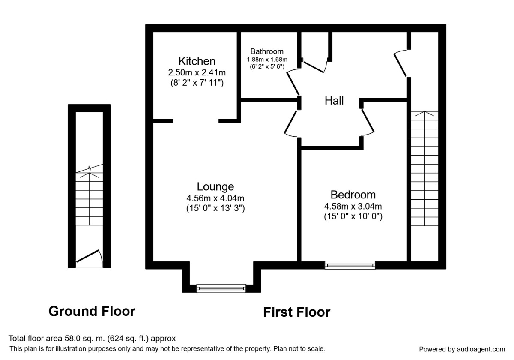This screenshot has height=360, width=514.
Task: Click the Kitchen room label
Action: [x=197, y=61]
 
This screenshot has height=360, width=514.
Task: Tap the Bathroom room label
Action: [x=267, y=51]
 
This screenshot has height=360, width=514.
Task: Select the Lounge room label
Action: [x=215, y=187]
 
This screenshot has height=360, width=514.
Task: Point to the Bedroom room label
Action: [x=353, y=195]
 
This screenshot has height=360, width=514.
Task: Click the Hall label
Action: [x=334, y=101]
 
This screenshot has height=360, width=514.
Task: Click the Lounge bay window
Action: [x=221, y=288]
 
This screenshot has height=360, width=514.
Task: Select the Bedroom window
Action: [x=350, y=265]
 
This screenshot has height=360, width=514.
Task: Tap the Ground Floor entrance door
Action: [x=89, y=256]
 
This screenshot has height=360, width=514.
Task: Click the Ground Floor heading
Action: [x=92, y=311]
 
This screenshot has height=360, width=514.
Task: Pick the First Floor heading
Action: [x=296, y=312]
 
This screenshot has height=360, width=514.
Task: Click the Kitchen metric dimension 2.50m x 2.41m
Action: [x=197, y=72]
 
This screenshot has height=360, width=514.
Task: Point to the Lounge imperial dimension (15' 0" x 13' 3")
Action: [x=215, y=208]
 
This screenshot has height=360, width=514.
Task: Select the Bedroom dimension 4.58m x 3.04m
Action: [x=353, y=207]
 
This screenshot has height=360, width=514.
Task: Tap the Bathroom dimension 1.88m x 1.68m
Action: [x=267, y=60]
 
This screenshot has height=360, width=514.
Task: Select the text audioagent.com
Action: [x=481, y=349]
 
